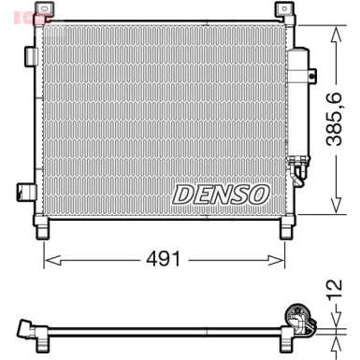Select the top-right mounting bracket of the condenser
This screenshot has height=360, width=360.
[281, 10]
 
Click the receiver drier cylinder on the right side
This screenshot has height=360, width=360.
[302, 103]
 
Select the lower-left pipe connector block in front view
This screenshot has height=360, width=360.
[22, 192]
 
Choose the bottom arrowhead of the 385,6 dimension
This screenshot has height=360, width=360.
[333, 210]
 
